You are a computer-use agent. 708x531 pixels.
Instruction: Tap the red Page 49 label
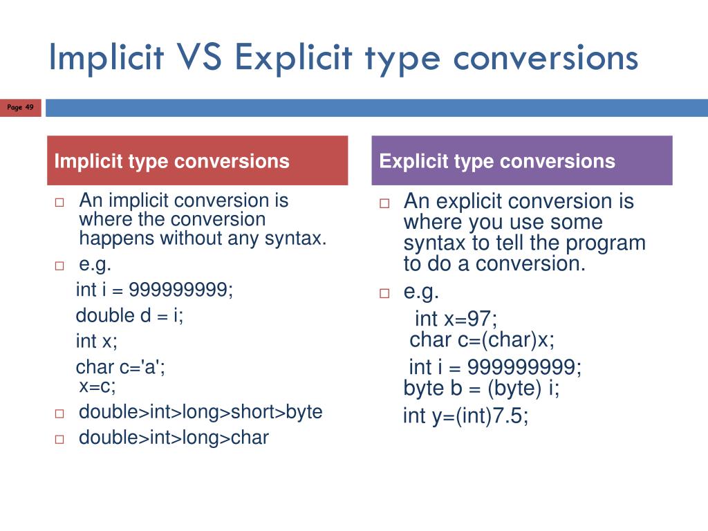[x=20, y=107]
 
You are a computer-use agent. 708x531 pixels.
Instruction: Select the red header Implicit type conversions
[x=197, y=161]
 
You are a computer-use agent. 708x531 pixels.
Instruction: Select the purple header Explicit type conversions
[x=522, y=161]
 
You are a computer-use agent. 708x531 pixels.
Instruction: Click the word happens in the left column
[x=117, y=239]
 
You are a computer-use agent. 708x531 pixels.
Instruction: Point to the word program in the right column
[x=606, y=243]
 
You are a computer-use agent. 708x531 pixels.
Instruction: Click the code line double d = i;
[x=129, y=315]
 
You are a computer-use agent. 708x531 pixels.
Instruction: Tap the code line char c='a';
[x=121, y=368]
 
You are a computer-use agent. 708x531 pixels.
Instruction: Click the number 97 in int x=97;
[x=480, y=319]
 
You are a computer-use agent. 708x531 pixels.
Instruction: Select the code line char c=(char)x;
[x=482, y=340]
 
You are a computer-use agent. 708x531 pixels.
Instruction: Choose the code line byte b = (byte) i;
[x=482, y=389]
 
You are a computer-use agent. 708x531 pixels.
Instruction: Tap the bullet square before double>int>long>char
[x=59, y=438]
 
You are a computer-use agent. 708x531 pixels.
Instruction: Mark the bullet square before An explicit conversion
[x=384, y=204]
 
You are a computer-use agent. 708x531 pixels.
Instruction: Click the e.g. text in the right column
[x=421, y=292]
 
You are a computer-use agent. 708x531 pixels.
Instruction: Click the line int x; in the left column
[x=97, y=341]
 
